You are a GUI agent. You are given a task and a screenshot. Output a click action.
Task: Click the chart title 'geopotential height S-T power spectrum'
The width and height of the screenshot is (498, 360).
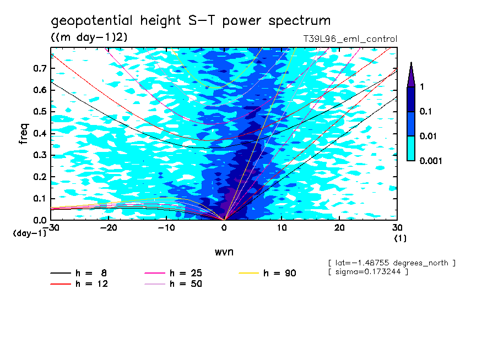(191, 21)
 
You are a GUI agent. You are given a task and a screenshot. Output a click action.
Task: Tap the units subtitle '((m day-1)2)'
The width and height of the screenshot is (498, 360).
(89, 37)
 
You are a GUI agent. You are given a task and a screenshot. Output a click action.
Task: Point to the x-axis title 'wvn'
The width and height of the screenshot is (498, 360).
(224, 252)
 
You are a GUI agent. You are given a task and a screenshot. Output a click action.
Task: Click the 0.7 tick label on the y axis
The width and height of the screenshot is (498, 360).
(39, 68)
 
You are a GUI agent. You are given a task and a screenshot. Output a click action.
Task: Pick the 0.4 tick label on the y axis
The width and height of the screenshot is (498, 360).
(39, 133)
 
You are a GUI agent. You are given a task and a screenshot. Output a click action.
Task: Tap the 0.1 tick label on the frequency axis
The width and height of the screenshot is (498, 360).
(39, 198)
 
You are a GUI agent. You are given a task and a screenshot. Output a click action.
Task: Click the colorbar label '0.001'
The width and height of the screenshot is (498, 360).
(431, 161)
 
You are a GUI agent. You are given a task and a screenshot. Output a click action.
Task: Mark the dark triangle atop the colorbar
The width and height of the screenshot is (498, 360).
(411, 75)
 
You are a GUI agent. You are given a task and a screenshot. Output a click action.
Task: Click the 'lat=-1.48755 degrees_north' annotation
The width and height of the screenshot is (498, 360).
(392, 263)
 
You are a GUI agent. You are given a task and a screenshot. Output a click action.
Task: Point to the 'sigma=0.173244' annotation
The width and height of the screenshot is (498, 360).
(368, 272)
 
